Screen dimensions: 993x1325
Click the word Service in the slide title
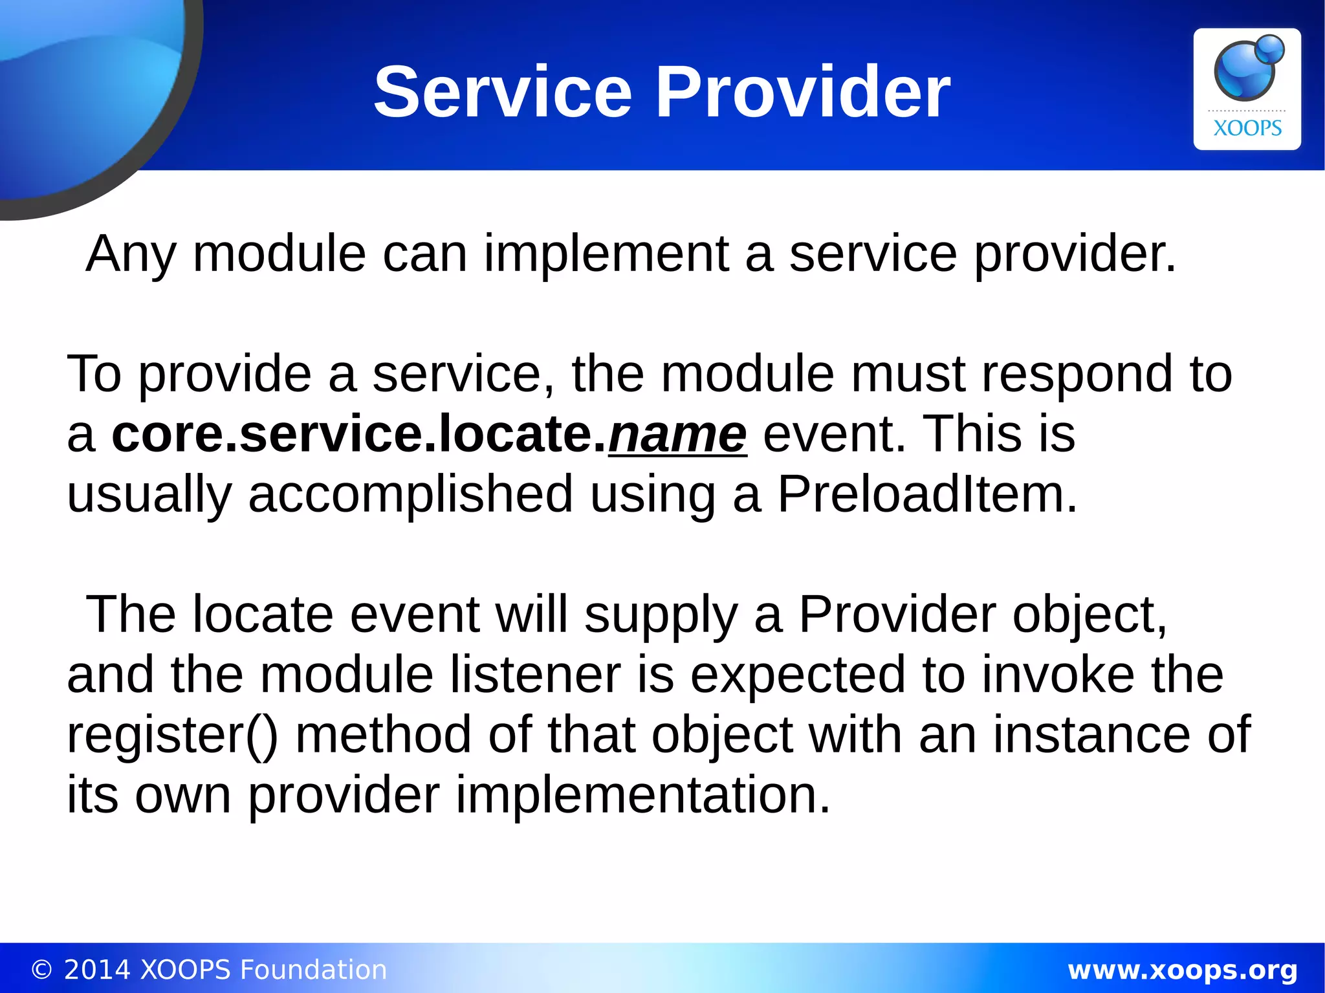pyautogui.click(x=503, y=92)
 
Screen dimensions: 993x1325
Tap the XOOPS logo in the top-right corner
pyautogui.click(x=1247, y=89)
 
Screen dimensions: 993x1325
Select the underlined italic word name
pyautogui.click(x=677, y=435)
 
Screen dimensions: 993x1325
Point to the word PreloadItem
pyautogui.click(x=927, y=494)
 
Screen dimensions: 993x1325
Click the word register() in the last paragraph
pyautogui.click(x=172, y=736)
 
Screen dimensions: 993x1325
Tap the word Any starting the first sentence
pyautogui.click(x=131, y=254)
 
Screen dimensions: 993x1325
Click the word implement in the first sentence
pyautogui.click(x=606, y=254)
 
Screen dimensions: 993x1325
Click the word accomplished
pyautogui.click(x=410, y=494)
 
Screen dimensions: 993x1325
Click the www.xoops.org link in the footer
pyautogui.click(x=1182, y=970)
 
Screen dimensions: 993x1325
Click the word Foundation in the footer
pyautogui.click(x=313, y=970)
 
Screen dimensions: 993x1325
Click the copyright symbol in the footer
pyautogui.click(x=41, y=970)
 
